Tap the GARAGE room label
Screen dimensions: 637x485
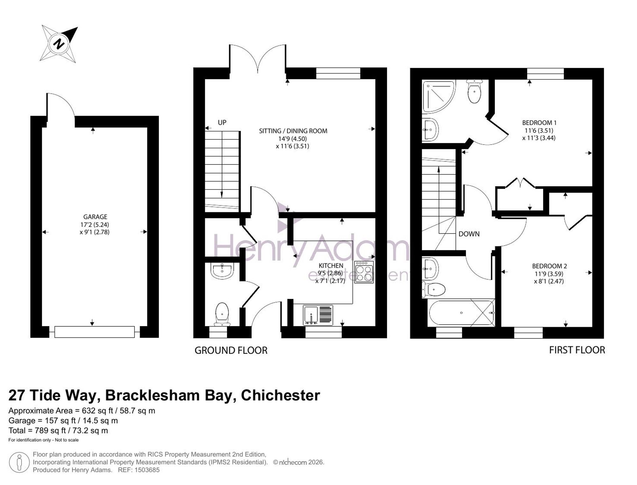pyautogui.click(x=95, y=217)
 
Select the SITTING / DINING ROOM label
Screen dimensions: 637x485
pyautogui.click(x=293, y=131)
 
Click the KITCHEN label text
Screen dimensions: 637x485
pyautogui.click(x=331, y=266)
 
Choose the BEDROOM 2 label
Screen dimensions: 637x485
pyautogui.click(x=549, y=266)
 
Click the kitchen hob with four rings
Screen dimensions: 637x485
pyautogui.click(x=364, y=272)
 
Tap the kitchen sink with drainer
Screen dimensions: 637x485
pyautogui.click(x=318, y=315)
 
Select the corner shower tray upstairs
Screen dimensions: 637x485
pyautogui.click(x=439, y=96)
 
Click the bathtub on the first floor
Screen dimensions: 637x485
pyautogui.click(x=462, y=312)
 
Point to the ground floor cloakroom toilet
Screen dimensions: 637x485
pyautogui.click(x=222, y=314)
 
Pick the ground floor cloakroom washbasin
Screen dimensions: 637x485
pyautogui.click(x=222, y=271)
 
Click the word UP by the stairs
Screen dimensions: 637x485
pyautogui.click(x=222, y=122)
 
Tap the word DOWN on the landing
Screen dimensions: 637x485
pyautogui.click(x=469, y=234)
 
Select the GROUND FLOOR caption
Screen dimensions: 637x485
pyautogui.click(x=231, y=350)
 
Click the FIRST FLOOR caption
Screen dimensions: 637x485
pyautogui.click(x=577, y=350)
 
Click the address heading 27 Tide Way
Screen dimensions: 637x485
pyautogui.click(x=52, y=395)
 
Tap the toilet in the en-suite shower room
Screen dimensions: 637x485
pyautogui.click(x=475, y=91)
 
